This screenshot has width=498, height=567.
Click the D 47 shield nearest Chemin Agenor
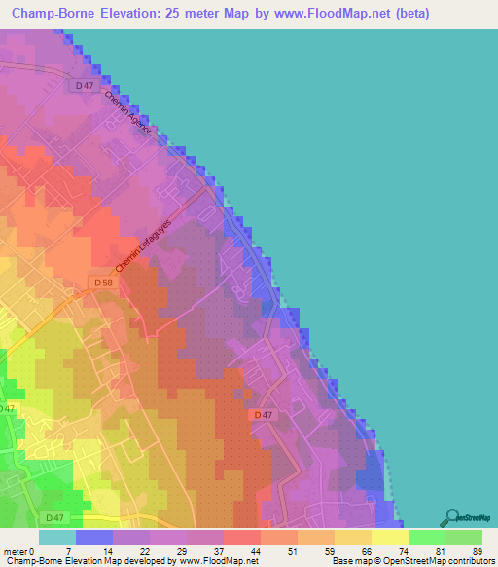pyautogui.click(x=85, y=87)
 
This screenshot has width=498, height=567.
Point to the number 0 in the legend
pyautogui.click(x=34, y=551)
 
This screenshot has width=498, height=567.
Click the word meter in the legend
pyautogui.click(x=16, y=551)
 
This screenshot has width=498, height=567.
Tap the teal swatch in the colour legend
pyautogui.click(x=57, y=537)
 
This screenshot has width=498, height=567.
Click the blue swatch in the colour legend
pyautogui.click(x=94, y=537)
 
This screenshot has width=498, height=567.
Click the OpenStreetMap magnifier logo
pyautogui.click(x=451, y=516)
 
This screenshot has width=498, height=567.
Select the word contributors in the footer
pyautogui.click(x=467, y=562)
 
